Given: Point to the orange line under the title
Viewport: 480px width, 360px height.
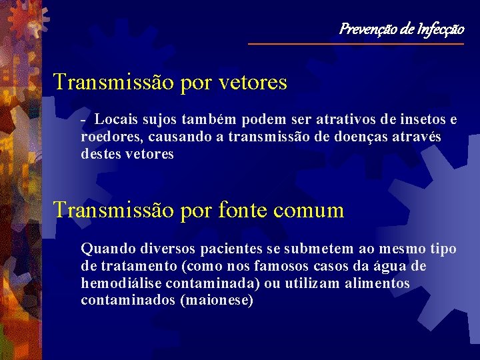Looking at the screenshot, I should [355, 44].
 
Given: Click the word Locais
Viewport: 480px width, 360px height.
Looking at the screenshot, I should [116, 119].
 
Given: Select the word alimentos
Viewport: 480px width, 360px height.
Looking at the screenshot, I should [378, 283].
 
